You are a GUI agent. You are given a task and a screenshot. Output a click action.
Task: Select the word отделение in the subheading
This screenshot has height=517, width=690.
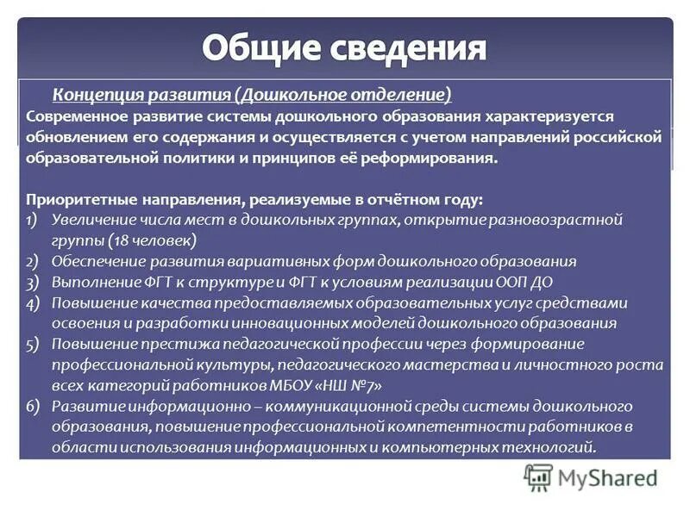tap(405, 94)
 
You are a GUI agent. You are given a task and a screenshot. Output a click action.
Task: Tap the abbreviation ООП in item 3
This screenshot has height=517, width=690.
tap(511, 282)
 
